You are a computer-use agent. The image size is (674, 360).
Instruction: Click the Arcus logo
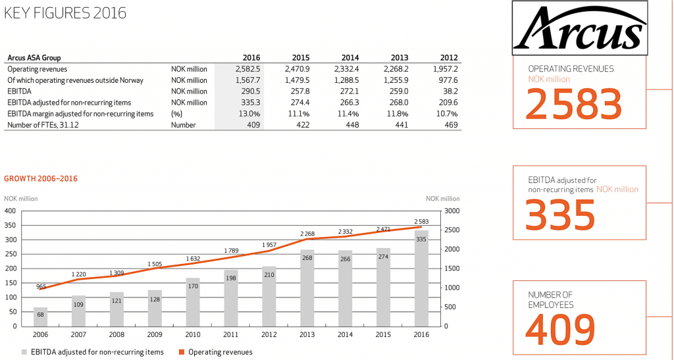click(x=579, y=28)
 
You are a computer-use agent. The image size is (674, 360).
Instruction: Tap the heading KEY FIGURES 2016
click(x=65, y=14)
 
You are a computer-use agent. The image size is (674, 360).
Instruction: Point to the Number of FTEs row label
click(x=39, y=124)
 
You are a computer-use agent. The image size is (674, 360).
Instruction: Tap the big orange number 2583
click(x=575, y=103)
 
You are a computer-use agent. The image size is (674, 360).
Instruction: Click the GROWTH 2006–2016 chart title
click(x=42, y=178)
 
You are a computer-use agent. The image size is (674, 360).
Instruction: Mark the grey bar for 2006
click(x=41, y=317)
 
